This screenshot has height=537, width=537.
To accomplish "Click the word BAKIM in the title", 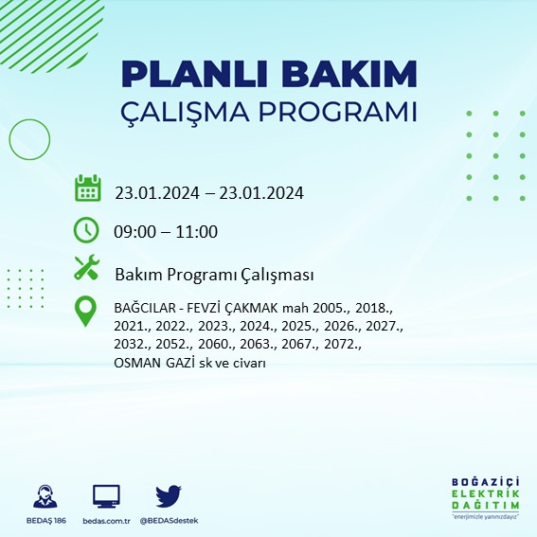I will tap(355, 74).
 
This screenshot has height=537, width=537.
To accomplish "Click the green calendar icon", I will tap(87, 188).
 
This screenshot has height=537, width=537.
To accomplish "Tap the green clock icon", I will tap(86, 229).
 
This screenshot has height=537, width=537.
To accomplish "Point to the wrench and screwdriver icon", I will tap(87, 269).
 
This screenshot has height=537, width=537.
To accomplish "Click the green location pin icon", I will tap(86, 312).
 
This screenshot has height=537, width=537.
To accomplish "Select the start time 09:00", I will tap(135, 232).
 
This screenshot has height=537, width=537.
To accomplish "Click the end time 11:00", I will tap(197, 232).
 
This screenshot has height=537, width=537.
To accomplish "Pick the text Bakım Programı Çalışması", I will tap(214, 275).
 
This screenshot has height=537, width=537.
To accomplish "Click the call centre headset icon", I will tap(43, 496).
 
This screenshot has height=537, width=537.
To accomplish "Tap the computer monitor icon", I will tap(106, 496).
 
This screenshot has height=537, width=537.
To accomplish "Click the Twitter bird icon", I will tap(168, 495).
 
